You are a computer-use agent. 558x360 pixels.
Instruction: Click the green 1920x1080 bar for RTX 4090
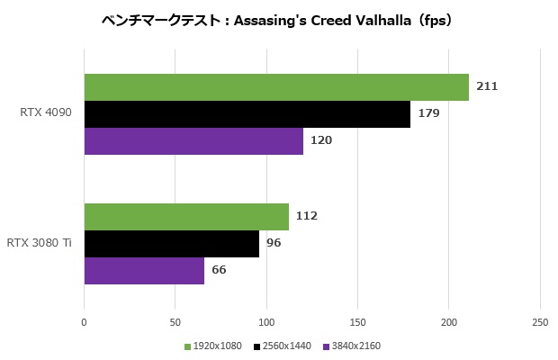[276, 87]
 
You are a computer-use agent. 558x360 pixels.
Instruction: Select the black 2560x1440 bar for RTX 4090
[247, 114]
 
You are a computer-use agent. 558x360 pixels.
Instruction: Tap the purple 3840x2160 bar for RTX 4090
[193, 141]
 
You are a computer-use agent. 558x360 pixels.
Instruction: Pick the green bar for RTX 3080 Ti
[186, 216]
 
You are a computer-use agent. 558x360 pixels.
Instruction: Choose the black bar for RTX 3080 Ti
[172, 243]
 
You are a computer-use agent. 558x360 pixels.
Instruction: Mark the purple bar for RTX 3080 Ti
[144, 270]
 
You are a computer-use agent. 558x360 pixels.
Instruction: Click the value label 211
[488, 86]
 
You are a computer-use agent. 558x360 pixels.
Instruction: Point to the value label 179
[429, 114]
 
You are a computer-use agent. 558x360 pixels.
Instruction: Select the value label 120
[321, 141]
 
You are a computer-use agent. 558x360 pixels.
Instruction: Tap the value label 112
[307, 216]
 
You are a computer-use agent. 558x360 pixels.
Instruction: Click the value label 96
[274, 243]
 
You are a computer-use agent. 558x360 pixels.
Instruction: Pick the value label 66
[220, 270]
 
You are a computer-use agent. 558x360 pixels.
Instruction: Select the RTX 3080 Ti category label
[40, 243]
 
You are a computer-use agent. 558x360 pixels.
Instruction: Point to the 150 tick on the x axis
[357, 321]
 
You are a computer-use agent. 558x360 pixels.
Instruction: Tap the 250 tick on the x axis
[540, 321]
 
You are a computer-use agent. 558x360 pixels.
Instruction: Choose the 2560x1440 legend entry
[287, 346]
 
